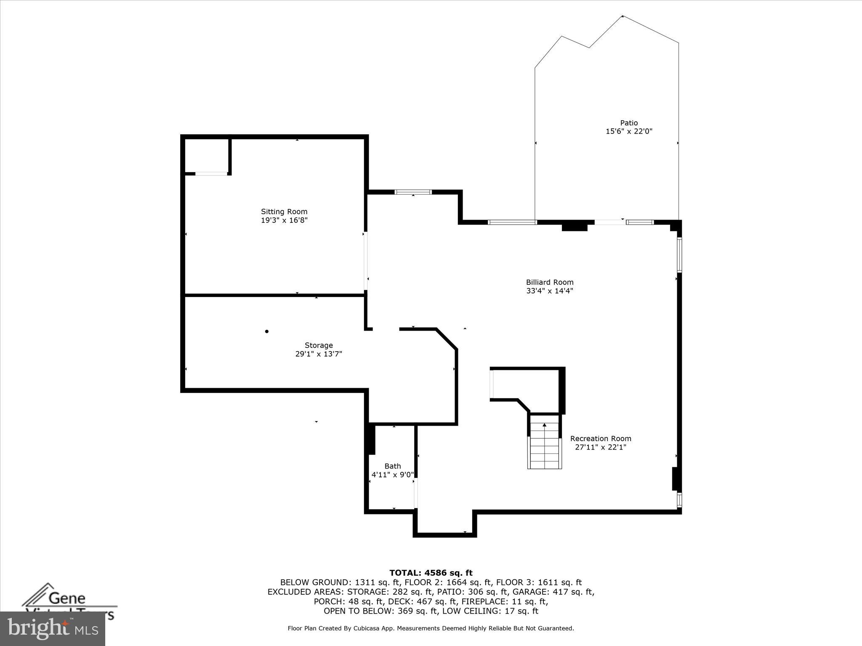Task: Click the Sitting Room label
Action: (x=284, y=212)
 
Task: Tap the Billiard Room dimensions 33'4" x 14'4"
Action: (x=550, y=291)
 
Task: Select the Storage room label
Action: (x=319, y=345)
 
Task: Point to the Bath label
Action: (x=392, y=466)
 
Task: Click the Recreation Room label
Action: (x=601, y=438)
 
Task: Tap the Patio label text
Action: (x=629, y=123)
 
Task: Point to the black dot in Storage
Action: (x=267, y=331)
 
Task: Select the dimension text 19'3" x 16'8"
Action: (x=284, y=220)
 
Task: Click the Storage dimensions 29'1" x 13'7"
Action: (x=319, y=354)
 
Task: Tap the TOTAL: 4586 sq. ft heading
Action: (x=431, y=573)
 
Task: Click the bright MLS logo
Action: (x=53, y=628)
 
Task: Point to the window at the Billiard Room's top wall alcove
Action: (x=413, y=192)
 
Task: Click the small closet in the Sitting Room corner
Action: (x=206, y=156)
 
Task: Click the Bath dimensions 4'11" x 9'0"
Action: (x=392, y=475)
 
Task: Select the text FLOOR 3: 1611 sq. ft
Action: (x=539, y=582)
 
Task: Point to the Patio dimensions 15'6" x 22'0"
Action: (x=629, y=131)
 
